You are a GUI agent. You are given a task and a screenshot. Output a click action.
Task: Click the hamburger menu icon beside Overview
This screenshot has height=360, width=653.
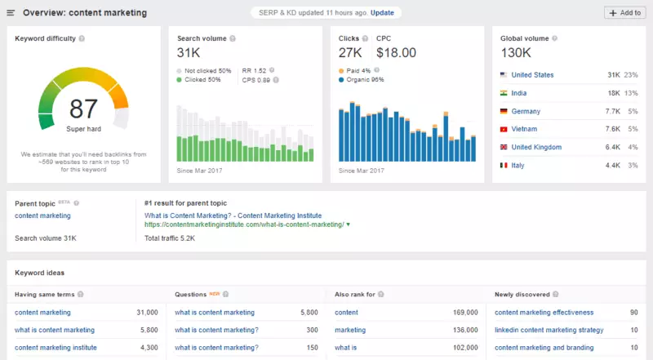click(11, 13)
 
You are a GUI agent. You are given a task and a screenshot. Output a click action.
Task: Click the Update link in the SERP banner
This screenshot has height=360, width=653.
click(381, 13)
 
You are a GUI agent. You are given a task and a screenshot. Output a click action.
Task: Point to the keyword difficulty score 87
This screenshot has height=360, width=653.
click(83, 109)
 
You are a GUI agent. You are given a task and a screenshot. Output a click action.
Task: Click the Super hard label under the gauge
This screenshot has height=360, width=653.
click(83, 129)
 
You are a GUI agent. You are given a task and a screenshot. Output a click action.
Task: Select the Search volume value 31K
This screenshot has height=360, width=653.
click(189, 52)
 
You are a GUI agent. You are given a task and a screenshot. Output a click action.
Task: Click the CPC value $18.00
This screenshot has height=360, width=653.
click(396, 52)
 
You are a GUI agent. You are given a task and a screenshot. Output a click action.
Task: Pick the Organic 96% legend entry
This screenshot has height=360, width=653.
click(364, 80)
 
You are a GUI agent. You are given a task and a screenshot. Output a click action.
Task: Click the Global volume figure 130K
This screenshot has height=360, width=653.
click(518, 52)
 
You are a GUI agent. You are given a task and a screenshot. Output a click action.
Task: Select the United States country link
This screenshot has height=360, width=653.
click(532, 75)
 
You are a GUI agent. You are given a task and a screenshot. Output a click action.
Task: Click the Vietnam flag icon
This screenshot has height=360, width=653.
click(504, 129)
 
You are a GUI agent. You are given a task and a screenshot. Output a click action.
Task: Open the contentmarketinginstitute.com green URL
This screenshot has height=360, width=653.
click(245, 224)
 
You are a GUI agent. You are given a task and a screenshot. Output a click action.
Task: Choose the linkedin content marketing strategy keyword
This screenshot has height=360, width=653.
click(549, 330)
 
